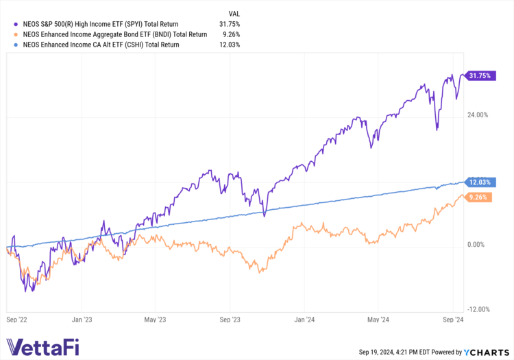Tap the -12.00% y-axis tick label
point(478,309)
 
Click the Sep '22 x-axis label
point(16,320)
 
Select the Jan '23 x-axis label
point(82,320)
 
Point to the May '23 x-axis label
point(156,320)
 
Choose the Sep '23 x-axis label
point(231,320)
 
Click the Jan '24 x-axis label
point(304,320)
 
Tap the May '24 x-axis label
point(378,320)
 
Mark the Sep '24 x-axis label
point(453,320)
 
